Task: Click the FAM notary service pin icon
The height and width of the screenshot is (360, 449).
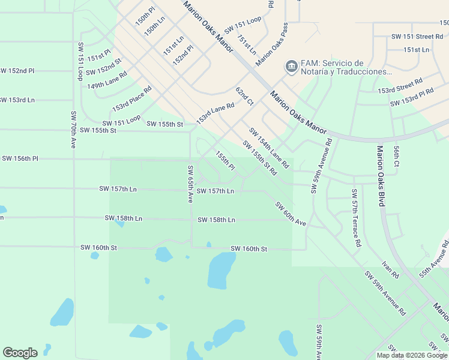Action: pos(291,65)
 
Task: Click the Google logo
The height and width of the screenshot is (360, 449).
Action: pos(20,353)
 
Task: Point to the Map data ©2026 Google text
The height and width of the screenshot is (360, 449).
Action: pos(412,355)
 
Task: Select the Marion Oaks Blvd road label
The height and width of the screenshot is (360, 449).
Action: pos(381,176)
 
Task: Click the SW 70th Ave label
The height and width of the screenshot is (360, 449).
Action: pos(73,129)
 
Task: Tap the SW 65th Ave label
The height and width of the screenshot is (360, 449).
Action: pos(190,184)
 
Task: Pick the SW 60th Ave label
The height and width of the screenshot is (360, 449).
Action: pos(291,214)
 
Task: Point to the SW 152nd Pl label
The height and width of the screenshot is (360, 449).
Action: pos(17,71)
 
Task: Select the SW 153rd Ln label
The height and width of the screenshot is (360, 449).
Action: pos(17,100)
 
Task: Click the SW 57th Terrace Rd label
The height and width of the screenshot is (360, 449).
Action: pos(355,218)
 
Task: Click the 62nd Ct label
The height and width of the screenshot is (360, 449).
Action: pos(244,96)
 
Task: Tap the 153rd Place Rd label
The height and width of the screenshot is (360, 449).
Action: pos(131,98)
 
